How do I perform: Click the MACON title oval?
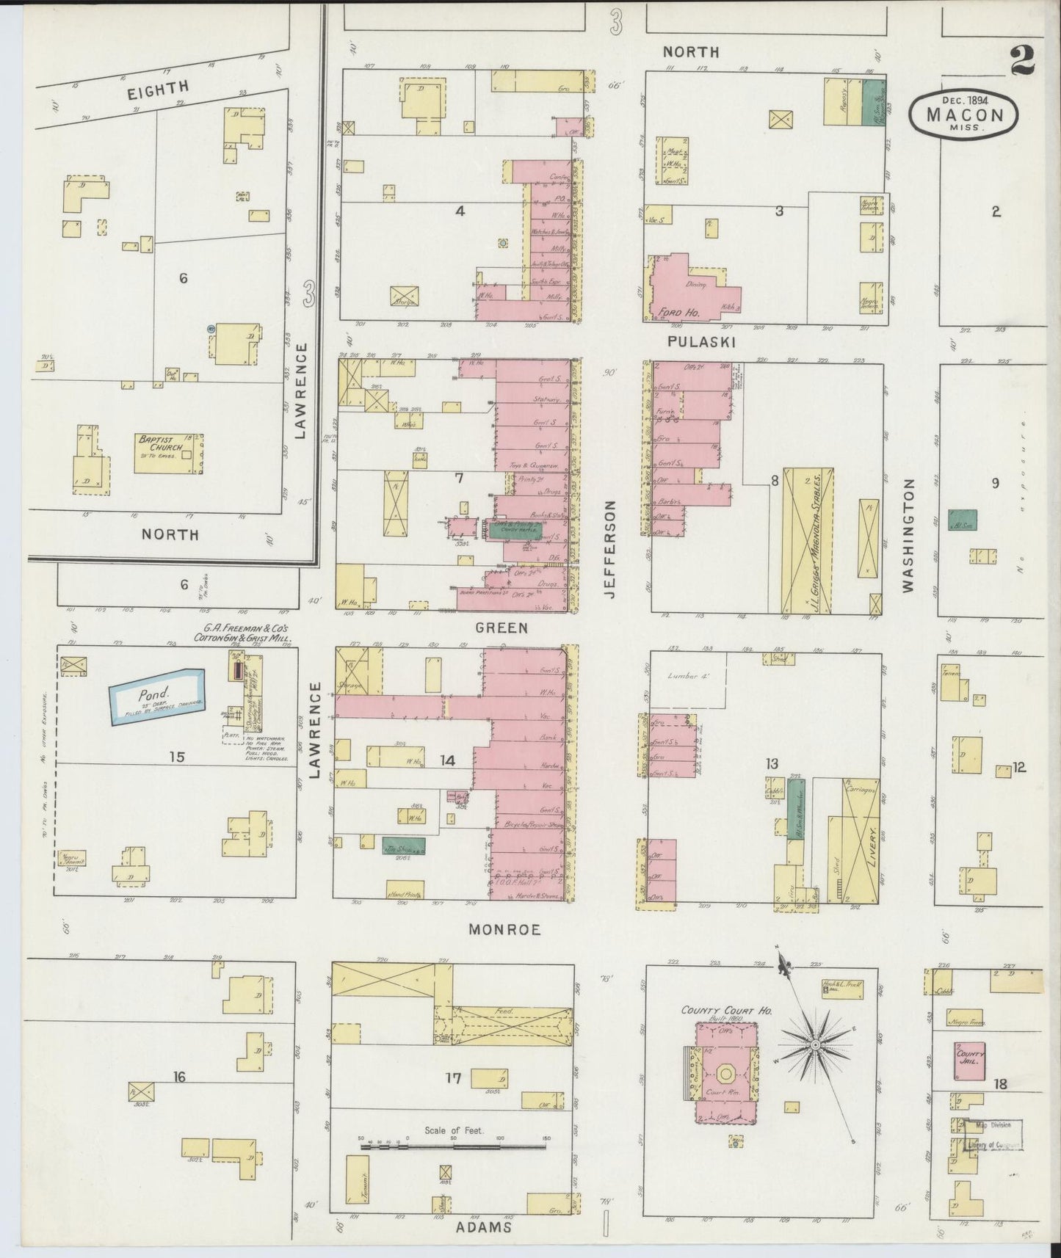click(963, 114)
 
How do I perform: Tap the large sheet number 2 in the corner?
click(1022, 61)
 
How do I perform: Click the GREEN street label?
click(501, 628)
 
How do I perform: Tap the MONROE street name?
click(504, 929)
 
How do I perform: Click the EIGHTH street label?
click(158, 89)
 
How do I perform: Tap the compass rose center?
click(815, 1043)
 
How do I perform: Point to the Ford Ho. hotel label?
click(668, 310)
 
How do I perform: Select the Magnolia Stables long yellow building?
click(807, 540)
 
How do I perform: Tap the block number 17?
click(453, 1078)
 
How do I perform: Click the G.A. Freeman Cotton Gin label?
click(242, 633)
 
